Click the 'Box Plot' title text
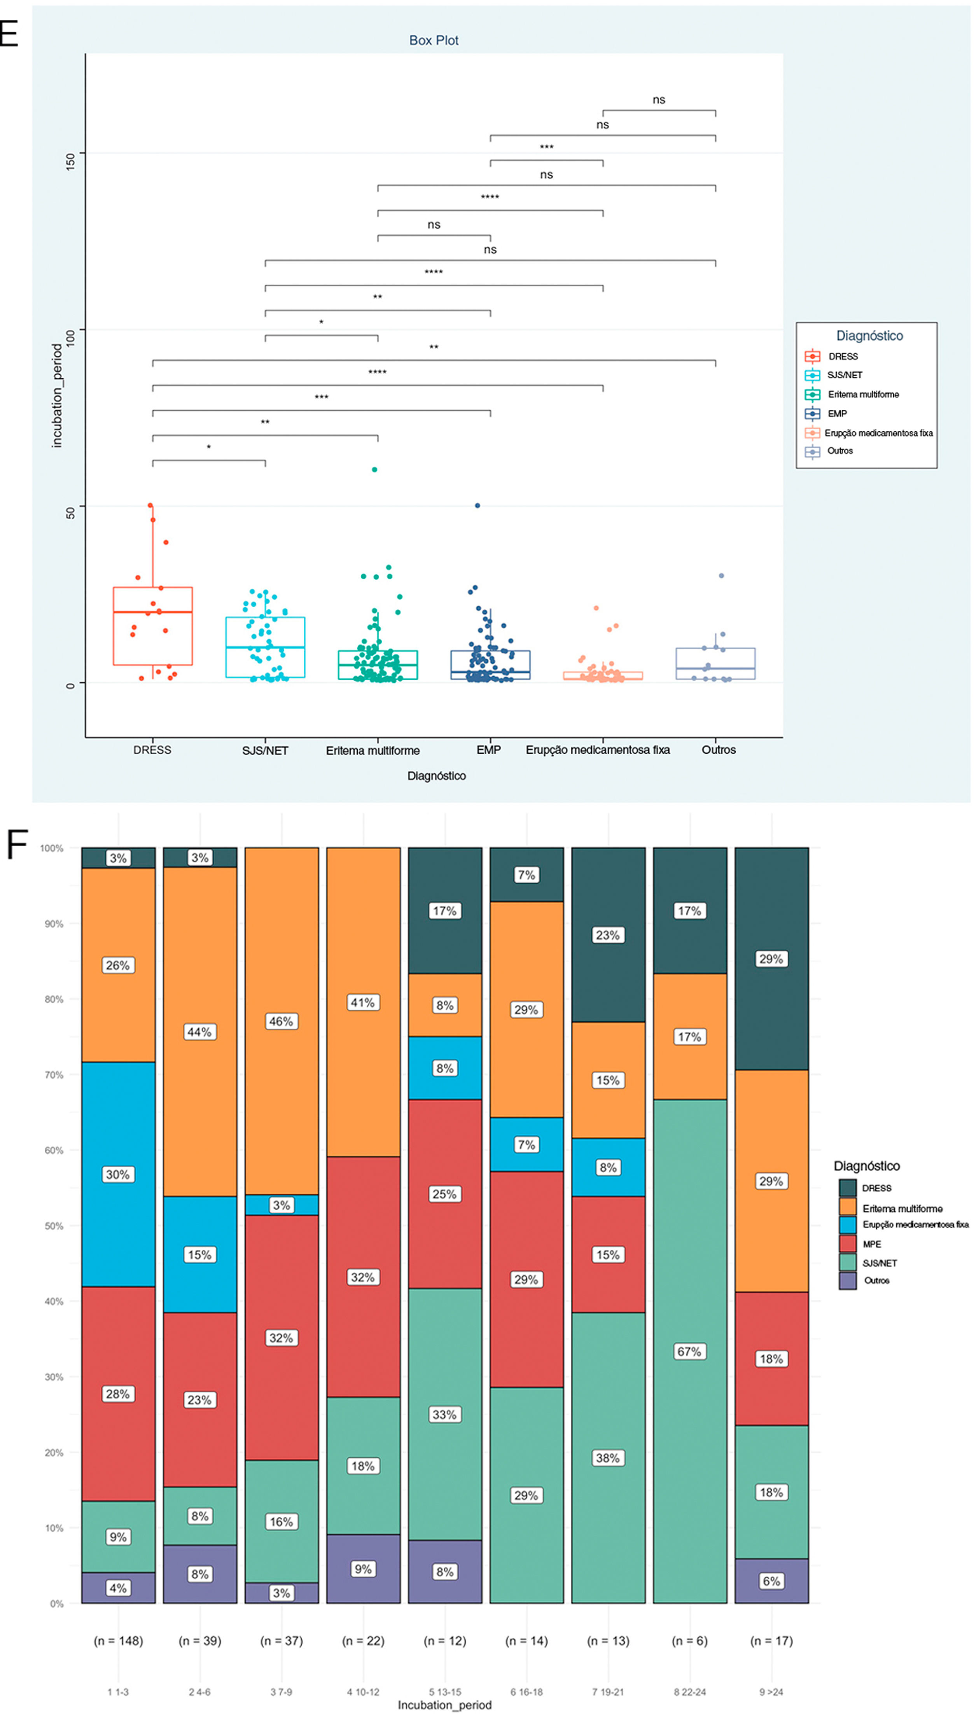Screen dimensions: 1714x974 pos(434,40)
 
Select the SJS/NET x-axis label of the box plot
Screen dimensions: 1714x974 pos(265,750)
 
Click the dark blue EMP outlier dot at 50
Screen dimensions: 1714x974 pos(477,506)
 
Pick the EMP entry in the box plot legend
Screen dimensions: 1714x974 pos(837,413)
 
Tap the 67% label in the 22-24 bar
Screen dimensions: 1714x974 pos(689,1351)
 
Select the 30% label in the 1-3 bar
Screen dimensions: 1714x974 pos(118,1174)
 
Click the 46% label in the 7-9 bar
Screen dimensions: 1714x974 pos(281,1021)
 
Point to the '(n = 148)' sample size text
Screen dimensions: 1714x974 pos(119,1641)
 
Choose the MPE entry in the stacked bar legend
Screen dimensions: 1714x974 pos(872,1244)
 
